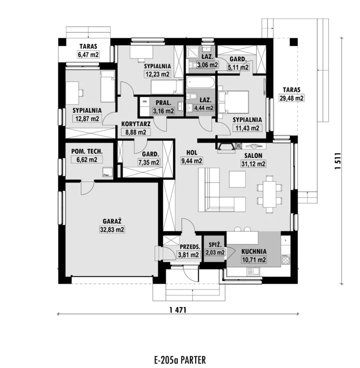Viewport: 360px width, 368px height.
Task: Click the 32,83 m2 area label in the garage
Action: [112, 229]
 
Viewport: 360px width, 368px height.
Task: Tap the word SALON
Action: [253, 156]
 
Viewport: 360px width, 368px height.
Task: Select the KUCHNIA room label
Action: [254, 251]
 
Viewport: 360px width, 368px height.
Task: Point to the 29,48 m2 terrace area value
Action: [291, 98]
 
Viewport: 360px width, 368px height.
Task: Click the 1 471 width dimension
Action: [178, 310]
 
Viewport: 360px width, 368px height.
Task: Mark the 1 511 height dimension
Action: [337, 161]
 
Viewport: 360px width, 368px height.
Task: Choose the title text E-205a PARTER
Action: [180, 360]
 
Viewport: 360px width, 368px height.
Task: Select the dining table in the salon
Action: [269, 194]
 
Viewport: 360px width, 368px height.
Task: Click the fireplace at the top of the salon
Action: [226, 148]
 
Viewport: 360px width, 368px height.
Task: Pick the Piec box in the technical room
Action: [107, 173]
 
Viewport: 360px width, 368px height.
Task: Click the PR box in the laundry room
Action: [145, 102]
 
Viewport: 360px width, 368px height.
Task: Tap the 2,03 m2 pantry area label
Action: [215, 253]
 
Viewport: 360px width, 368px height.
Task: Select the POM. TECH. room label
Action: [87, 152]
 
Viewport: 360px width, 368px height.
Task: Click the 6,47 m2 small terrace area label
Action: [88, 54]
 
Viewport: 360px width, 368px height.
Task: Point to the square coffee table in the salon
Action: [237, 179]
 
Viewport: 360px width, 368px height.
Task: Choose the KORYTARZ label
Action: [136, 124]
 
